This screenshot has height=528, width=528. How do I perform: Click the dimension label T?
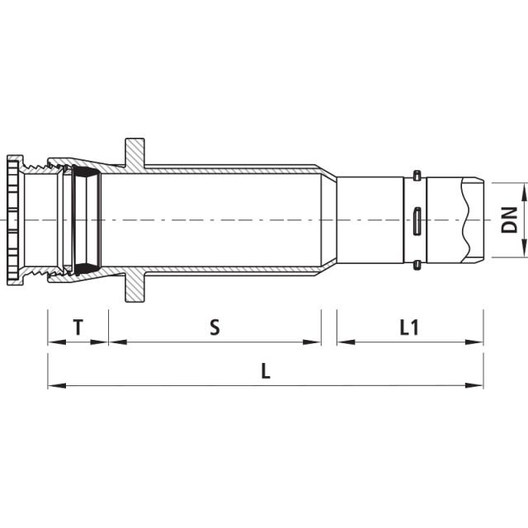(x=78, y=328)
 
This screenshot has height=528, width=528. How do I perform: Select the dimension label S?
(x=214, y=328)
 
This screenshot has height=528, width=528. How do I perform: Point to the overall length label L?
(x=266, y=370)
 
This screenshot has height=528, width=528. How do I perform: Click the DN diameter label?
(x=511, y=219)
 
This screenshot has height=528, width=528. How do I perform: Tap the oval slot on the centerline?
(x=417, y=220)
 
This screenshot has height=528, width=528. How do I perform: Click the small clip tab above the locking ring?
(x=417, y=175)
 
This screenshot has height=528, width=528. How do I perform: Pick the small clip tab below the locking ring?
(x=417, y=265)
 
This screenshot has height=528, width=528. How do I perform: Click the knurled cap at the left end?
(x=14, y=219)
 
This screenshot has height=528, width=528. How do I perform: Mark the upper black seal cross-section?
(x=85, y=172)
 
